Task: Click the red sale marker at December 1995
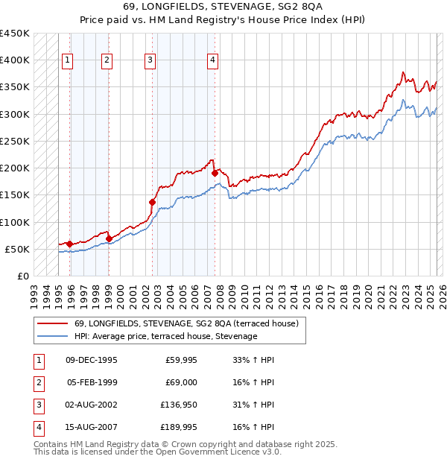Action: [x=69, y=244]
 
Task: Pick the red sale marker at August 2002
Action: [x=152, y=202]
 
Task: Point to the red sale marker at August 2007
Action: [x=215, y=173]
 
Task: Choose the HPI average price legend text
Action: [x=165, y=336]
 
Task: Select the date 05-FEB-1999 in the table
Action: [x=92, y=383]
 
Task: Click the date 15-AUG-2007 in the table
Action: [x=92, y=428]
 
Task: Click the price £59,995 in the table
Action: [x=180, y=360]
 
